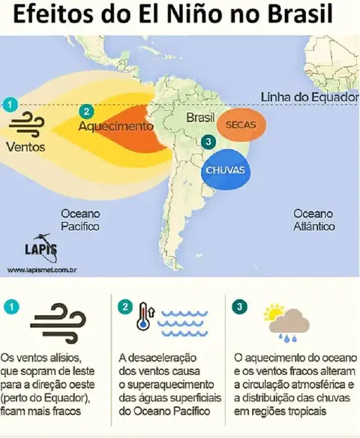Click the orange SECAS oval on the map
236,124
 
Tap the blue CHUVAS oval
225,170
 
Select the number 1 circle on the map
9,104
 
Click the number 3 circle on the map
208,143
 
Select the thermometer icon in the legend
142,316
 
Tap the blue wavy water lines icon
178,322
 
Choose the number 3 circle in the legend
239,306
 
